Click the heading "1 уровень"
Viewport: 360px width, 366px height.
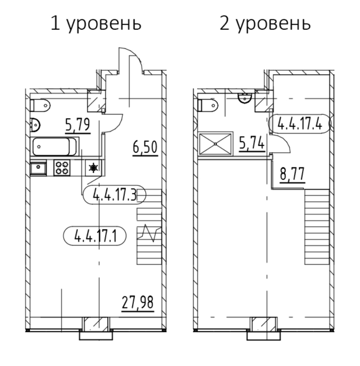point(96,24)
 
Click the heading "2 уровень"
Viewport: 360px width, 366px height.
point(265,24)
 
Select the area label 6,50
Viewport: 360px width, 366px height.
point(145,147)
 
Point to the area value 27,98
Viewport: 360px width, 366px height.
point(137,302)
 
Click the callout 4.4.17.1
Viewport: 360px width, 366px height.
point(95,236)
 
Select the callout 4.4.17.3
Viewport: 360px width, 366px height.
point(114,195)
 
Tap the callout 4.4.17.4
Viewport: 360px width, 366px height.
point(300,124)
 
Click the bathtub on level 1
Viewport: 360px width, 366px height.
point(54,146)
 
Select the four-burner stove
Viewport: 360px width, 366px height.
point(62,168)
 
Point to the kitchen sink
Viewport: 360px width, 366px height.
point(38,168)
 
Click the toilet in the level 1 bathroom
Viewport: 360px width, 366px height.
point(40,106)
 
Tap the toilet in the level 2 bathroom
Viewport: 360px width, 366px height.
point(207,106)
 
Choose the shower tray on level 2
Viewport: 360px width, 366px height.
point(215,144)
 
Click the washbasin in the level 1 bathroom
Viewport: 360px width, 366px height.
point(35,124)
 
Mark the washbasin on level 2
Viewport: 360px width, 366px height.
point(245,98)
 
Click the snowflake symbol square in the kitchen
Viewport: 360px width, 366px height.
point(94,168)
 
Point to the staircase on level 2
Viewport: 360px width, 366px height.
point(317,227)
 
